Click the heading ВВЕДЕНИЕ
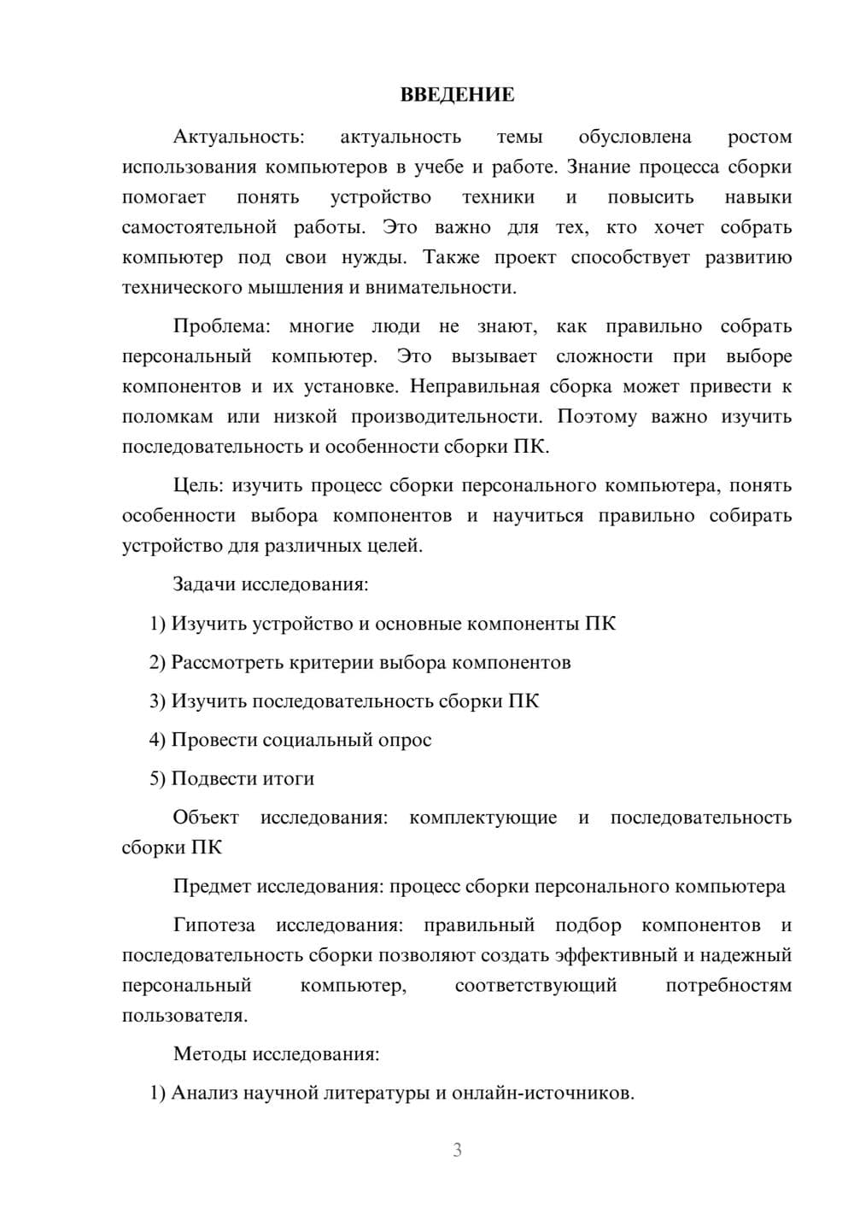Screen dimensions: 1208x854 (457, 95)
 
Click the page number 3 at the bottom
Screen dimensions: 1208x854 (457, 1150)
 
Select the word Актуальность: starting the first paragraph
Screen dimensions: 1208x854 (238, 137)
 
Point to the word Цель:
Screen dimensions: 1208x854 (198, 485)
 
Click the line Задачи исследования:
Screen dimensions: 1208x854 (271, 584)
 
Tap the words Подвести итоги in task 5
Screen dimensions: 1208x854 (243, 778)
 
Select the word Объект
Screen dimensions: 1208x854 (206, 818)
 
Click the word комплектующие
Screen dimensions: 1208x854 (483, 818)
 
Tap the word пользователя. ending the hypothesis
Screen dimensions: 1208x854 (184, 1016)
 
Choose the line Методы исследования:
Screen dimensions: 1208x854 (276, 1053)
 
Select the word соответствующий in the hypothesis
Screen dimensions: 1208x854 (535, 985)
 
